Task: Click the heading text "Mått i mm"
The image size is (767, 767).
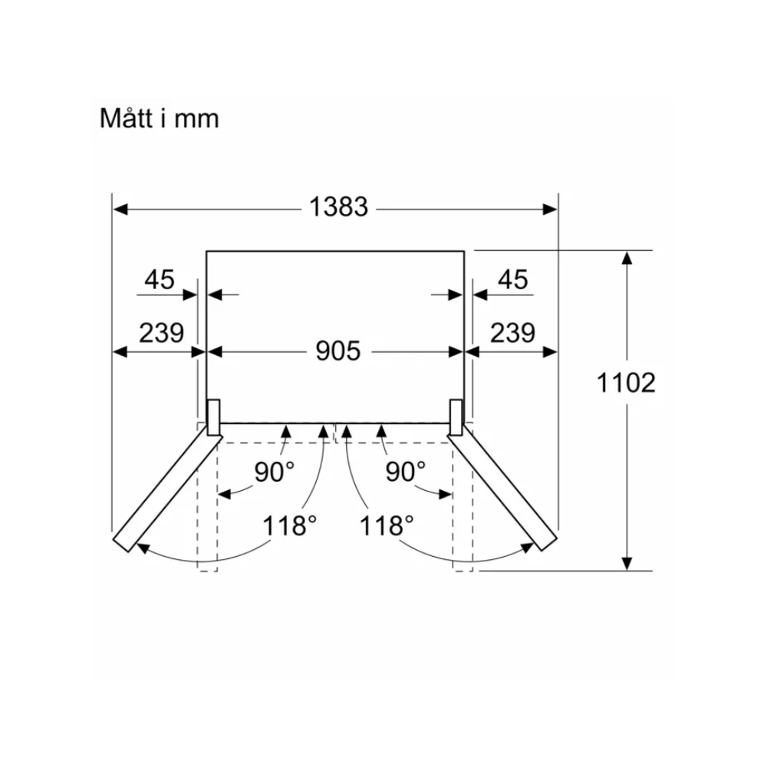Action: [159, 118]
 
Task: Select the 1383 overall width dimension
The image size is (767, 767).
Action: [338, 207]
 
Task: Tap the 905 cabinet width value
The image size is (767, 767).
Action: [338, 351]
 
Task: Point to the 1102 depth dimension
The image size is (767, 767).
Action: [626, 383]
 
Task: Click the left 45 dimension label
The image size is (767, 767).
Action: [160, 280]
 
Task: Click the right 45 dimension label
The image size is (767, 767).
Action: [512, 280]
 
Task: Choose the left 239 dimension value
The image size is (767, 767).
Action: [161, 333]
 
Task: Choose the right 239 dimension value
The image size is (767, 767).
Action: [512, 333]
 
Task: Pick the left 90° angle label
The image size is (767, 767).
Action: [275, 472]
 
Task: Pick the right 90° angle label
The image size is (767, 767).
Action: [406, 472]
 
